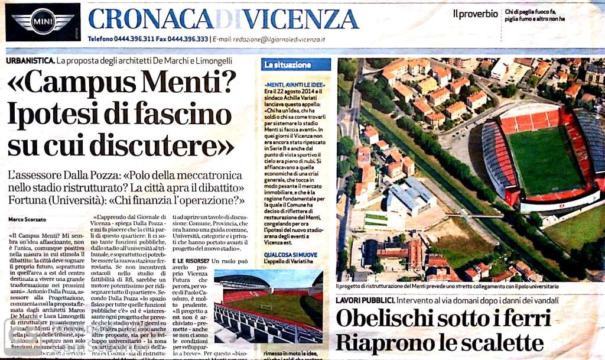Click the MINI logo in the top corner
pyautogui.click(x=43, y=22)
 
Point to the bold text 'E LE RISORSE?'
pyautogui.click(x=190, y=261)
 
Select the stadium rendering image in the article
pyautogui.click(x=268, y=306)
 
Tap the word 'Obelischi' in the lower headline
pyautogui.click(x=395, y=319)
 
